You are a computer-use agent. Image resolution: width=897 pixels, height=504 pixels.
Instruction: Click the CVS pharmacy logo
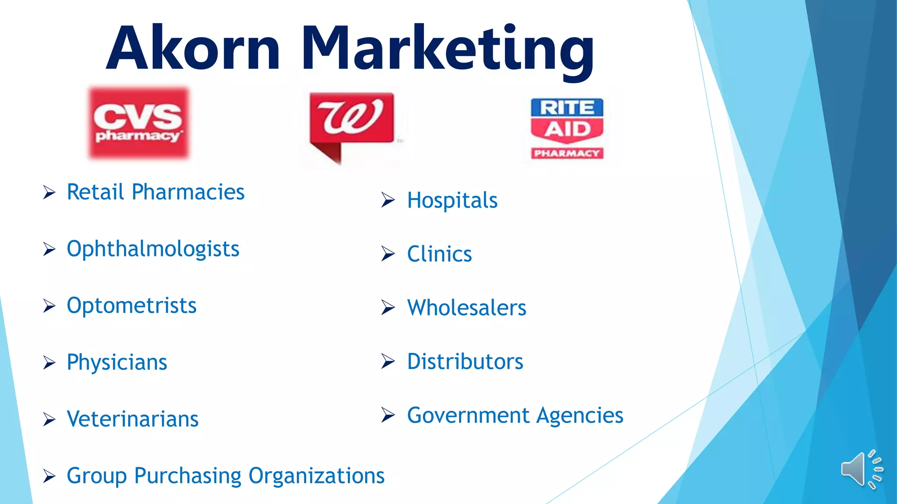pyautogui.click(x=139, y=123)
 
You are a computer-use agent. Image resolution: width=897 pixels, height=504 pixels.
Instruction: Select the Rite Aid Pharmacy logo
pyautogui.click(x=567, y=128)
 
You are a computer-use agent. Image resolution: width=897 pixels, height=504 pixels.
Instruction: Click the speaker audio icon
pyautogui.click(x=861, y=469)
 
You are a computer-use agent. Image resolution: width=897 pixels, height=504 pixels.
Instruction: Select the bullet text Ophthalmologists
pyautogui.click(x=153, y=249)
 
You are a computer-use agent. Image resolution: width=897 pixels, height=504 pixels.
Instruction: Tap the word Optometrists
pyautogui.click(x=131, y=305)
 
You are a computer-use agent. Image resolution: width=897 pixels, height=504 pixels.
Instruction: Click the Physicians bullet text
pyautogui.click(x=117, y=362)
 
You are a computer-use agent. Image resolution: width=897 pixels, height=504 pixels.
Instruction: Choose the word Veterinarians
pyautogui.click(x=133, y=419)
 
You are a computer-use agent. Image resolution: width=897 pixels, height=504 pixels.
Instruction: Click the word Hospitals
pyautogui.click(x=452, y=200)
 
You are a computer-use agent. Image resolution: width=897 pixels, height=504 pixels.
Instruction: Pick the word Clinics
pyautogui.click(x=439, y=254)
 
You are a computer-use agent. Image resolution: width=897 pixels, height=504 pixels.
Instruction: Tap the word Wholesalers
pyautogui.click(x=466, y=308)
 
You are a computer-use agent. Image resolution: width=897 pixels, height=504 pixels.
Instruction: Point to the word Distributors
pyautogui.click(x=465, y=362)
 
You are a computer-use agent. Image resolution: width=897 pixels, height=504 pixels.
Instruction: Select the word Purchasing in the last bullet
pyautogui.click(x=188, y=476)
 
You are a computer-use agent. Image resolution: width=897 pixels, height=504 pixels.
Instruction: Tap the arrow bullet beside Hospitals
pyautogui.click(x=388, y=200)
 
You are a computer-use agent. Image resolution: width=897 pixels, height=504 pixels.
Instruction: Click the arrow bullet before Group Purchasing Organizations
pyautogui.click(x=49, y=476)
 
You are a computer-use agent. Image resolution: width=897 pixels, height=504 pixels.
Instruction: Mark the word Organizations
pyautogui.click(x=316, y=476)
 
